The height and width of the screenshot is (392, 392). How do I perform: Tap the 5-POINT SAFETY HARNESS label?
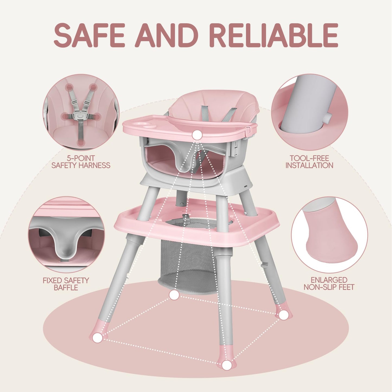pos(81,162)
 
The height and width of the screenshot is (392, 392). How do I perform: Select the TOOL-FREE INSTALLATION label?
pos(309,162)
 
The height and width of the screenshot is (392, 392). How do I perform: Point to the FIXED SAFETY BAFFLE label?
pos(66,284)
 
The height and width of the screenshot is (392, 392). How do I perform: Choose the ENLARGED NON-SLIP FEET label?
pos(329,283)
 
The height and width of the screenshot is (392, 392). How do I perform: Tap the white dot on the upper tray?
pos(197,135)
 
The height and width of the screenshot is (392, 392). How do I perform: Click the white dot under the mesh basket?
pos(174,295)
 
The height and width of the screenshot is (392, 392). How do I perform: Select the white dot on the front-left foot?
pos(97,337)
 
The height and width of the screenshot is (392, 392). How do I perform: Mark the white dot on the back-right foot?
pos(283,315)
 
